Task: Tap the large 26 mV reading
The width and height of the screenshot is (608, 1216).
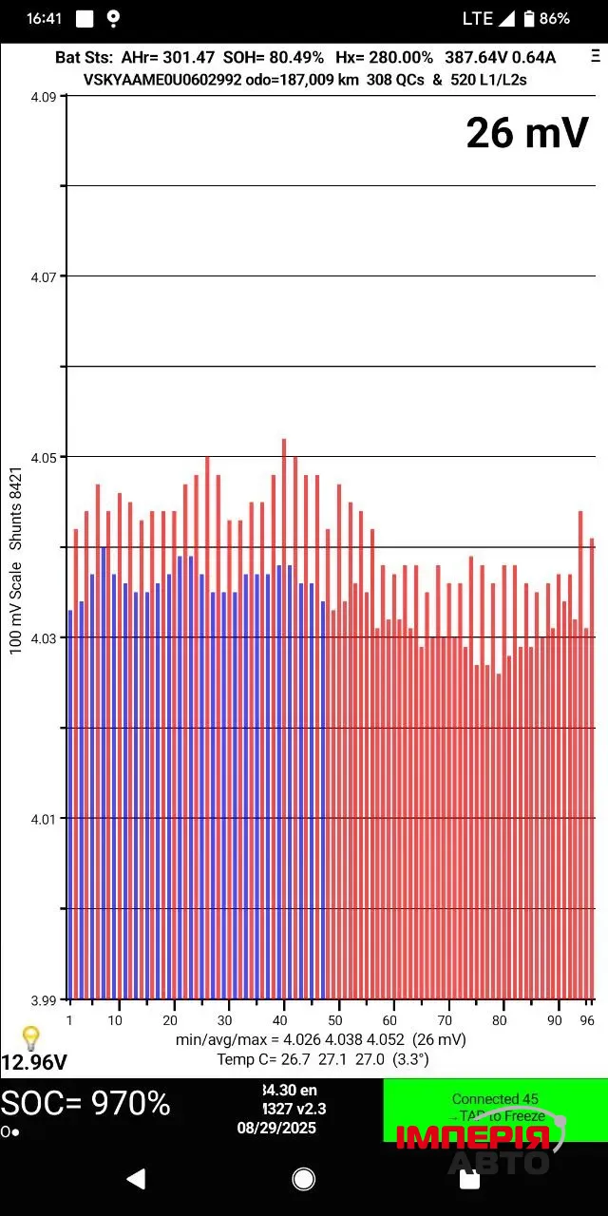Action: (x=527, y=133)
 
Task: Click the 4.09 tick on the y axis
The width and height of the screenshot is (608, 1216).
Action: (x=45, y=96)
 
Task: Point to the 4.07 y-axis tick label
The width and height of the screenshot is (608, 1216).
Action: (x=45, y=276)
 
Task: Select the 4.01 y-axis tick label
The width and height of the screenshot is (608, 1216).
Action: (x=45, y=819)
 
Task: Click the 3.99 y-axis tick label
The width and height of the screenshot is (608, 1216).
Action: (x=45, y=999)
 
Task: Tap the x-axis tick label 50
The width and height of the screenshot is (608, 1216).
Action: (x=334, y=1020)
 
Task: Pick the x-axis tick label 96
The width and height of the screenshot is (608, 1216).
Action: (x=587, y=1020)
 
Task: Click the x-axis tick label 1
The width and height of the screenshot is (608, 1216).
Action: (x=69, y=1020)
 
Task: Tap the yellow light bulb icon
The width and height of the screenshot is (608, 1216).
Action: (x=30, y=1037)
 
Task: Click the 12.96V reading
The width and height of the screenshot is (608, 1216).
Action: (x=34, y=1062)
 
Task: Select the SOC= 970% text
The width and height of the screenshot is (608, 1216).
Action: (x=85, y=1104)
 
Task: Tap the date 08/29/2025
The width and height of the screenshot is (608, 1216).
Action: (x=276, y=1129)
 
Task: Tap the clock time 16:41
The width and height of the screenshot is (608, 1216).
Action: (x=45, y=18)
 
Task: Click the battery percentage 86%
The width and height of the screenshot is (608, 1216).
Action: (x=555, y=18)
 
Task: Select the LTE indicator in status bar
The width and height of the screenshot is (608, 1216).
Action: (x=478, y=18)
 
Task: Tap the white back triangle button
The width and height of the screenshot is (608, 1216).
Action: (x=136, y=1179)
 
